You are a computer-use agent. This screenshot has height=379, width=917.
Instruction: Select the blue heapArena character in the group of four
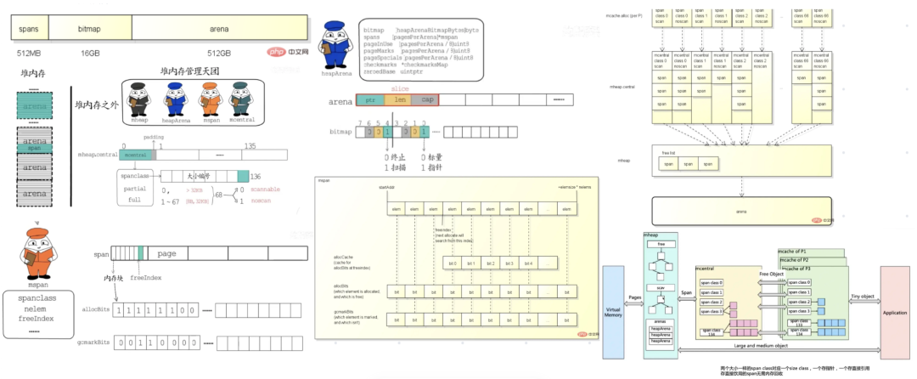(x=174, y=100)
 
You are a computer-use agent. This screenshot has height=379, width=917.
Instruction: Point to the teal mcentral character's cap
(x=241, y=86)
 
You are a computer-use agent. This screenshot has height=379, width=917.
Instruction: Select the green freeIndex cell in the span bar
(x=141, y=254)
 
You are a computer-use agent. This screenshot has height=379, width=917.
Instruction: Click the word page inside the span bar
(x=166, y=253)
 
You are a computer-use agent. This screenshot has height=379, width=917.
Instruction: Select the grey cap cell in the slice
(x=427, y=100)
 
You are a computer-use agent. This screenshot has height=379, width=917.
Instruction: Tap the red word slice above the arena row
(x=399, y=88)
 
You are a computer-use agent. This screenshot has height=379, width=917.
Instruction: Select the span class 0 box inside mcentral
(x=712, y=281)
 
